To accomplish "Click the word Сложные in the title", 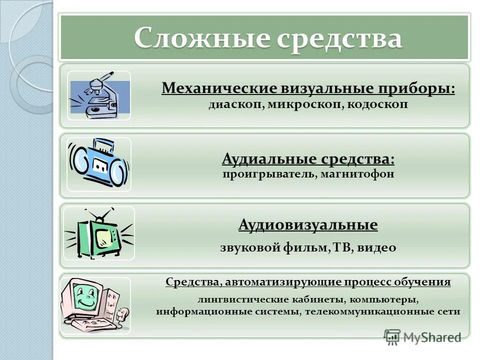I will click(x=200, y=38).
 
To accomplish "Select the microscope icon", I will click(x=99, y=95).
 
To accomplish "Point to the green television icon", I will click(x=99, y=233).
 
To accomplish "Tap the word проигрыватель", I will click(x=269, y=174).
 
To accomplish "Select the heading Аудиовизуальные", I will click(x=308, y=225).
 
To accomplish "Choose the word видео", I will click(x=376, y=247).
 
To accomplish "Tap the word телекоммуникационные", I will click(x=369, y=311).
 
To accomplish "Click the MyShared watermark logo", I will click(x=422, y=336).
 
